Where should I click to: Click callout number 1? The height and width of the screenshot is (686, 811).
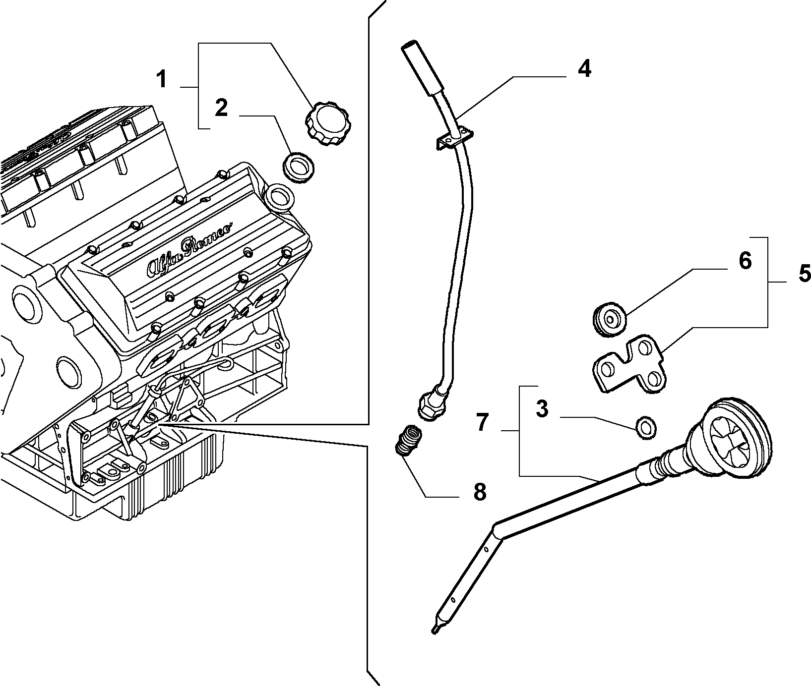click(162, 79)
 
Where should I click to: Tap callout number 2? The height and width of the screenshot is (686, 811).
click(221, 108)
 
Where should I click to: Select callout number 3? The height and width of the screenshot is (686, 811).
click(542, 410)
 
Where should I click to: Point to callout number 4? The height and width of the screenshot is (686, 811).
click(585, 69)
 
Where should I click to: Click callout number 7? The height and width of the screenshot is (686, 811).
click(483, 422)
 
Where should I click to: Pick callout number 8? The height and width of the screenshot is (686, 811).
click(480, 493)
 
